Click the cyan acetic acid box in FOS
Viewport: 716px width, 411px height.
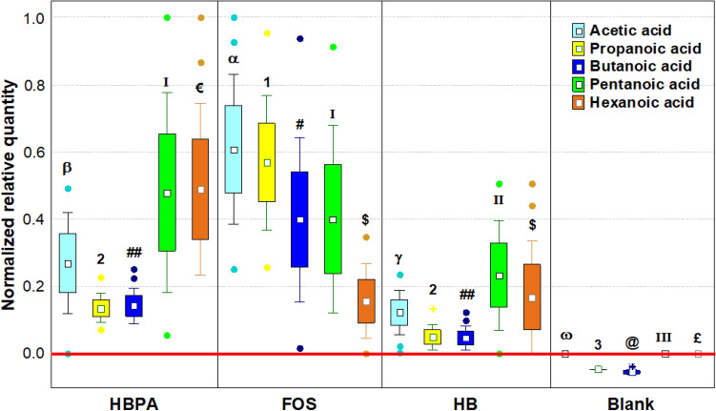[x=233, y=149]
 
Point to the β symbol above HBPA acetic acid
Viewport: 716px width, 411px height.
[x=68, y=168]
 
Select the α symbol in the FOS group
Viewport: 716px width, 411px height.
[x=233, y=59]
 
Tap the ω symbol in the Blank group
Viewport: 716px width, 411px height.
[x=565, y=334]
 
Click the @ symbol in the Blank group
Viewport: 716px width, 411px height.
[x=631, y=341]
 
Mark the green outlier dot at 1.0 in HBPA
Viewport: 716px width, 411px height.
[x=167, y=18]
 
